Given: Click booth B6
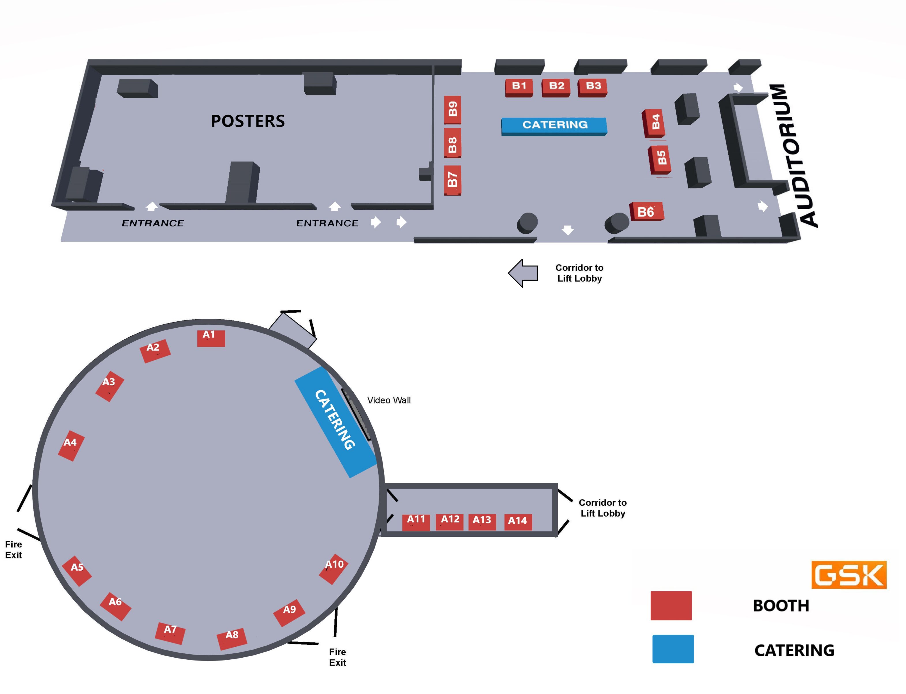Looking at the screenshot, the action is point(647,211).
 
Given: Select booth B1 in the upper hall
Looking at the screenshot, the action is point(519,88).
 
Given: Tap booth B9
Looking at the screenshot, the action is point(452,110).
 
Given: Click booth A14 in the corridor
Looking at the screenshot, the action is point(518,522).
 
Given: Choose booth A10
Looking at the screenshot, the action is point(334,569).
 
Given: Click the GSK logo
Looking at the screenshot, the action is point(849,575).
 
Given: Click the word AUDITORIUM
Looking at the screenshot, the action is point(793,155).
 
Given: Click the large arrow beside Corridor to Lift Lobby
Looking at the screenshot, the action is point(523,273).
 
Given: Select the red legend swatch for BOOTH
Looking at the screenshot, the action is point(671,606).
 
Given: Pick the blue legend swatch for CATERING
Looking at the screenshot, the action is point(673,649).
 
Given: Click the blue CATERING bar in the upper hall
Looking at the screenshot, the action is point(554,126).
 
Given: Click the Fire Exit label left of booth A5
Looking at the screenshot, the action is point(13,549).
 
